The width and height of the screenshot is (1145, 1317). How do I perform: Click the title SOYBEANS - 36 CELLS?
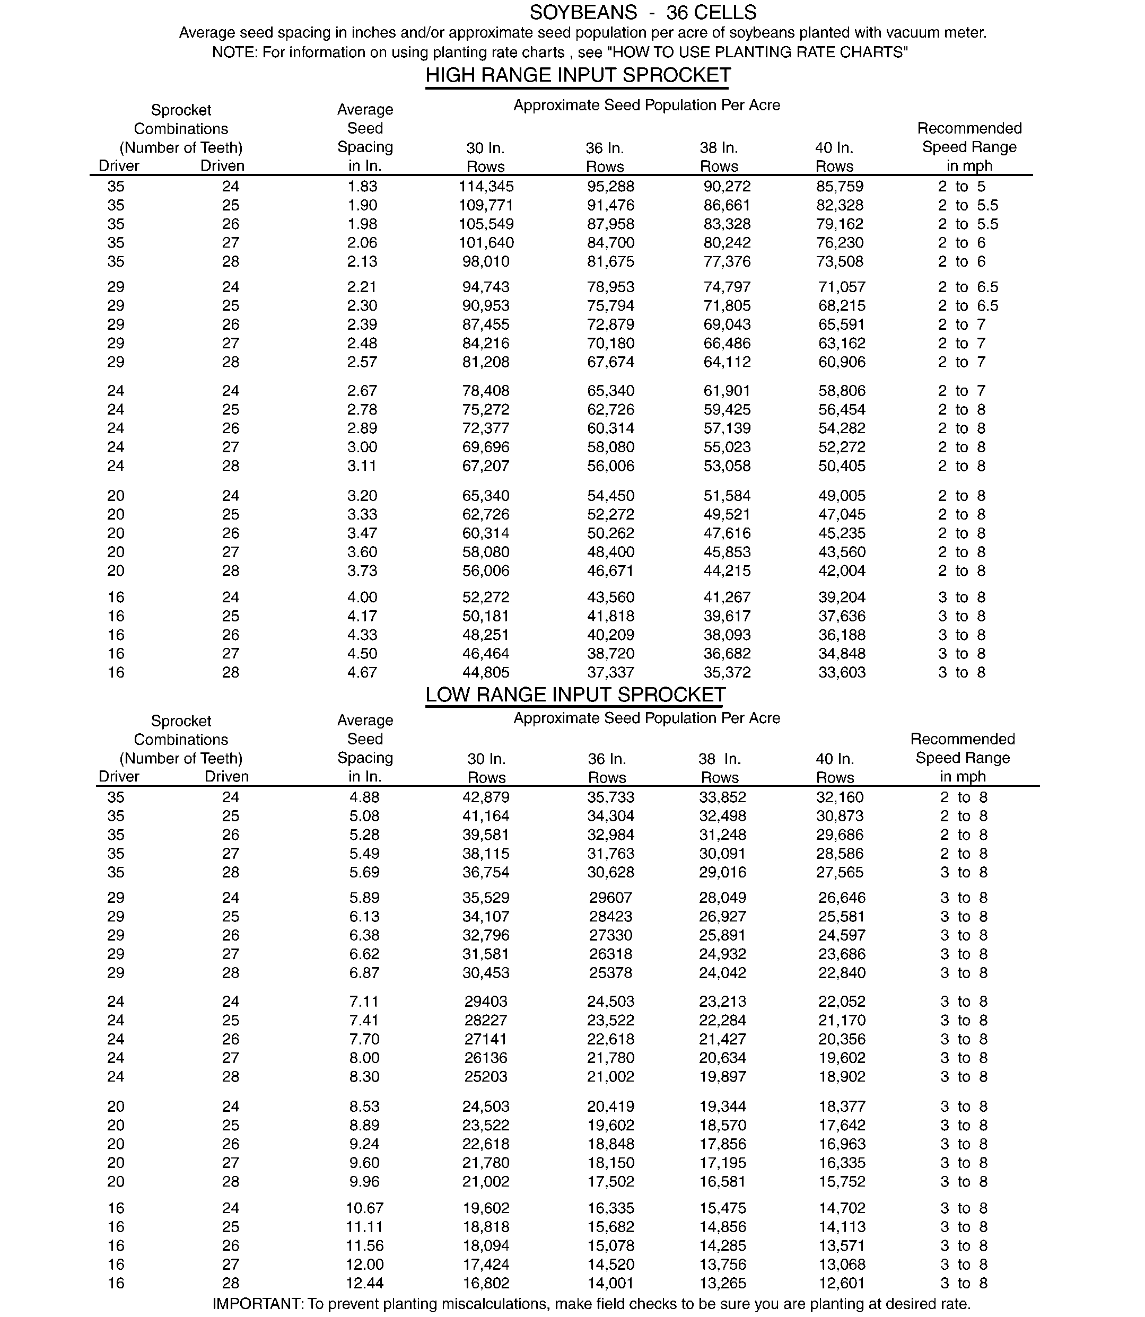643,13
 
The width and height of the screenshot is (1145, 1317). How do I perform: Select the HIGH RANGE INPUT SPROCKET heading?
578,75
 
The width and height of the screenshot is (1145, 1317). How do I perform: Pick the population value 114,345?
486,187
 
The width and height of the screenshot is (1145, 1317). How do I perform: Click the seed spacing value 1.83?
362,187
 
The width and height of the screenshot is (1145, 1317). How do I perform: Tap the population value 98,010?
486,262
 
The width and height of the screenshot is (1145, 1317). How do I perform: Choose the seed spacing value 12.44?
364,1283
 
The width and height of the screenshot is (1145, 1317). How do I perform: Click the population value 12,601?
842,1283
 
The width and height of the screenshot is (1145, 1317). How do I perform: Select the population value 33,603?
842,673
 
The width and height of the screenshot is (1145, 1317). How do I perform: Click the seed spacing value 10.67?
364,1208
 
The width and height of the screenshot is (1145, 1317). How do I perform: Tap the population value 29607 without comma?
610,898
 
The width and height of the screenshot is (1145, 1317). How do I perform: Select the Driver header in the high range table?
119,166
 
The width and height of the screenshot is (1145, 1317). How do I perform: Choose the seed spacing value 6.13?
364,917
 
